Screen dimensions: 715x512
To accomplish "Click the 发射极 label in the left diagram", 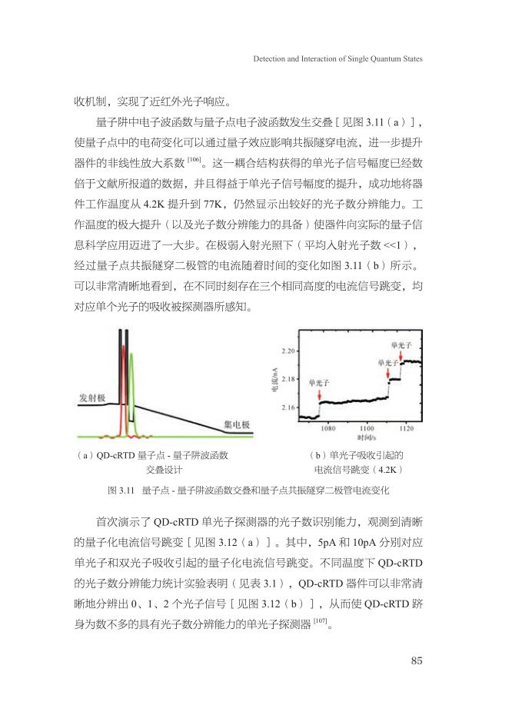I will pyautogui.click(x=92, y=397).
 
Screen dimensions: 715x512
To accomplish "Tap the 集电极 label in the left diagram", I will pyautogui.click(x=235, y=424).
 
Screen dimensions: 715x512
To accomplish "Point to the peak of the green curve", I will pyautogui.click(x=131, y=355).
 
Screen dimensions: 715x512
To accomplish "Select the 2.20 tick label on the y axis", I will pyautogui.click(x=290, y=351).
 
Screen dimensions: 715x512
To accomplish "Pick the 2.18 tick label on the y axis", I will pyautogui.click(x=290, y=379).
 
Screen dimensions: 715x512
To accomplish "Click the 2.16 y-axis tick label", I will pyautogui.click(x=290, y=407).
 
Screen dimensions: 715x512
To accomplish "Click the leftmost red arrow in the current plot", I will pyautogui.click(x=319, y=392).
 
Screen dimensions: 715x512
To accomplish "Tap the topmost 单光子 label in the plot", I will pyautogui.click(x=402, y=345).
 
